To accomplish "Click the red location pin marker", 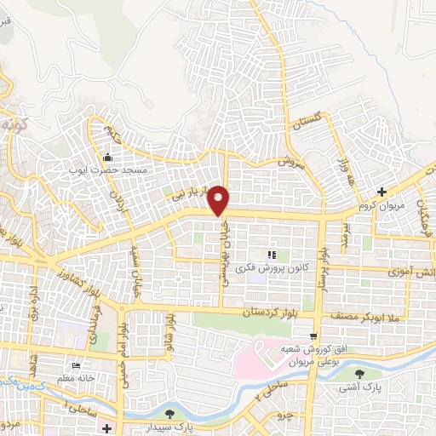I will (x=220, y=199).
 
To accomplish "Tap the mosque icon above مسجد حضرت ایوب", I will (x=107, y=157).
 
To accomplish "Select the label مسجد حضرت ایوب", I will (x=109, y=169).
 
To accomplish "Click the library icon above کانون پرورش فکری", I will (x=272, y=255).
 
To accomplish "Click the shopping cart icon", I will (x=314, y=336).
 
